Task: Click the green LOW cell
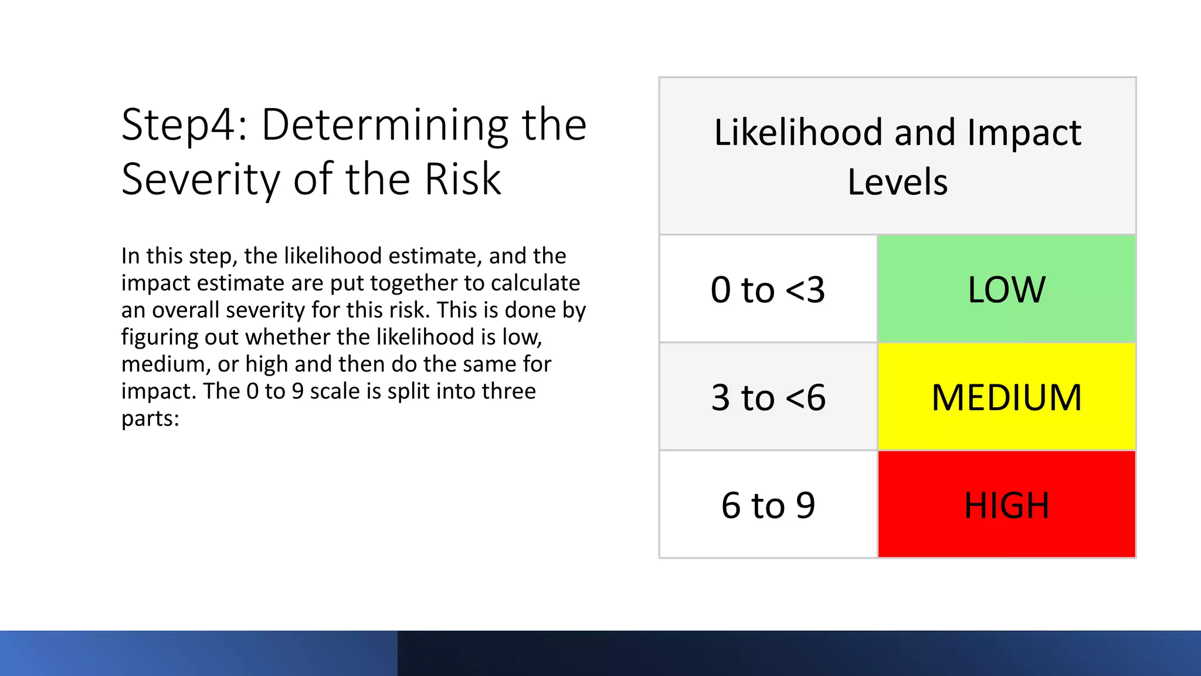1006,289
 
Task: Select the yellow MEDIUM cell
1006,397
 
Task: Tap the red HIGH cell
1006,505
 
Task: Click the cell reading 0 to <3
768,289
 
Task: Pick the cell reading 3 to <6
768,397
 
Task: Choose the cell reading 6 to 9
768,505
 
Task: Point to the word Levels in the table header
897,182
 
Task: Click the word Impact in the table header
1024,133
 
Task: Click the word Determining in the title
385,126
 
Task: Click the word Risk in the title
463,180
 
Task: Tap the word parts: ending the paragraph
150,419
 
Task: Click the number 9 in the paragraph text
297,391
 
